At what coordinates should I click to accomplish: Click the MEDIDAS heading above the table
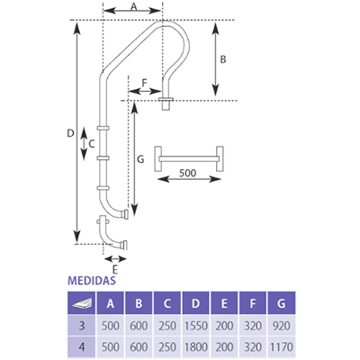92,280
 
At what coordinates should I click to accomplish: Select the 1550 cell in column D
195,326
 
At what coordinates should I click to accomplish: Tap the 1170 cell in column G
281,347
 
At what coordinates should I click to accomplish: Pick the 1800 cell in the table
195,347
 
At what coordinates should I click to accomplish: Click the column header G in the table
282,303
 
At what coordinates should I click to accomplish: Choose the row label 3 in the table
82,326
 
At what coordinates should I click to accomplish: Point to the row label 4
82,347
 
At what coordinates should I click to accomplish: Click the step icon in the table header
82,304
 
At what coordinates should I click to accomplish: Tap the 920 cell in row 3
282,326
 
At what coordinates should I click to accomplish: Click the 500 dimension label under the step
187,173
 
